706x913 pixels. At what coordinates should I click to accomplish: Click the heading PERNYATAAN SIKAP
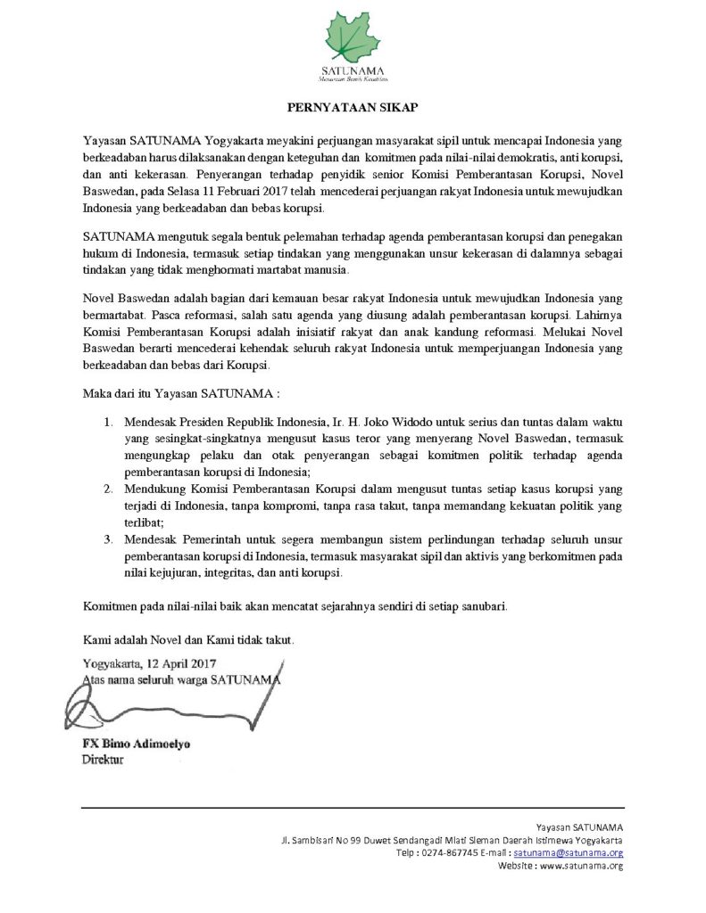pos(353,106)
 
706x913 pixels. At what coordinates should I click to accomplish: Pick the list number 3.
pos(108,540)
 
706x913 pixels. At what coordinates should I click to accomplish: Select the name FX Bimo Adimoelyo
pos(137,744)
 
